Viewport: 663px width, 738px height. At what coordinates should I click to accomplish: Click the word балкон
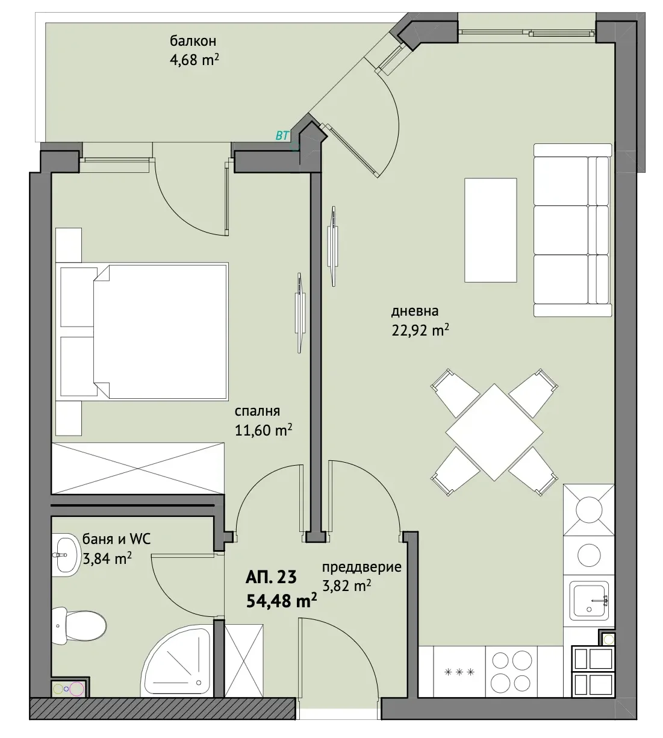(x=193, y=41)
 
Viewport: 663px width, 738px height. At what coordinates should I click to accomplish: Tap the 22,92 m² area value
(x=420, y=330)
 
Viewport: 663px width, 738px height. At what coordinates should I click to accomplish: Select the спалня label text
(x=257, y=411)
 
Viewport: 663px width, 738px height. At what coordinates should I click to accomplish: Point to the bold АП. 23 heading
(x=270, y=577)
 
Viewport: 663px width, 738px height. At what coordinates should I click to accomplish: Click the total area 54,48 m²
(x=281, y=601)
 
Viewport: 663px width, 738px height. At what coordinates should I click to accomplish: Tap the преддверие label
(x=361, y=568)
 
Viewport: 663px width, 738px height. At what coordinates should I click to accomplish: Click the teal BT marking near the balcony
(x=282, y=136)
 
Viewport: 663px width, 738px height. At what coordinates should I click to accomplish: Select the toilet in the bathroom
(x=79, y=625)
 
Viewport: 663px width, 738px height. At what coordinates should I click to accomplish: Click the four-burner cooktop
(x=511, y=671)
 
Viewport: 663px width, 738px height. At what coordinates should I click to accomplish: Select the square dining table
(x=494, y=432)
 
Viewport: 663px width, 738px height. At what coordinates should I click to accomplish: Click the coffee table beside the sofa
(x=491, y=230)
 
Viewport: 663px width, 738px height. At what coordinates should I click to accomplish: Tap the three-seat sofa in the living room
(x=573, y=230)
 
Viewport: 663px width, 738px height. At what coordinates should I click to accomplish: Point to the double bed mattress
(x=161, y=331)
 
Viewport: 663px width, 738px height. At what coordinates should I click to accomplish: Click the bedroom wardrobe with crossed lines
(x=138, y=468)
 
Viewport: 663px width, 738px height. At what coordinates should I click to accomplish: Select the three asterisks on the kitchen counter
(x=459, y=672)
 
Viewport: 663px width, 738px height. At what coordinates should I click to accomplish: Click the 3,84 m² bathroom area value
(x=107, y=558)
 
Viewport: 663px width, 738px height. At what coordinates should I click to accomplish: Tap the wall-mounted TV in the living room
(x=333, y=246)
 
